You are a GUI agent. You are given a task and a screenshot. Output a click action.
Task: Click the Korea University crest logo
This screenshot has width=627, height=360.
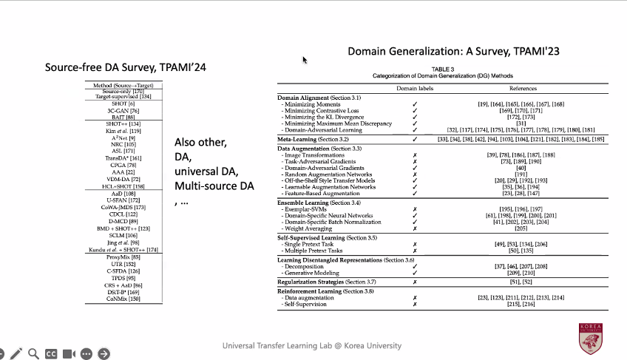(594, 337)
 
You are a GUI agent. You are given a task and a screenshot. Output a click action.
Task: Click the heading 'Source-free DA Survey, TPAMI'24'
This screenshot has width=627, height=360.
(125, 68)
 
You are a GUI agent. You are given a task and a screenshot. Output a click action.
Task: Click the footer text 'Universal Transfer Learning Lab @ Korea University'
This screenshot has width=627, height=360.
(312, 345)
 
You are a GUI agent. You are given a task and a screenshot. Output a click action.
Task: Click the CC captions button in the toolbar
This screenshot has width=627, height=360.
(51, 354)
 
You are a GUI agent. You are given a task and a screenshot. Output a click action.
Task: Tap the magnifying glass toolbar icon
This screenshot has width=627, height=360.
(33, 354)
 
